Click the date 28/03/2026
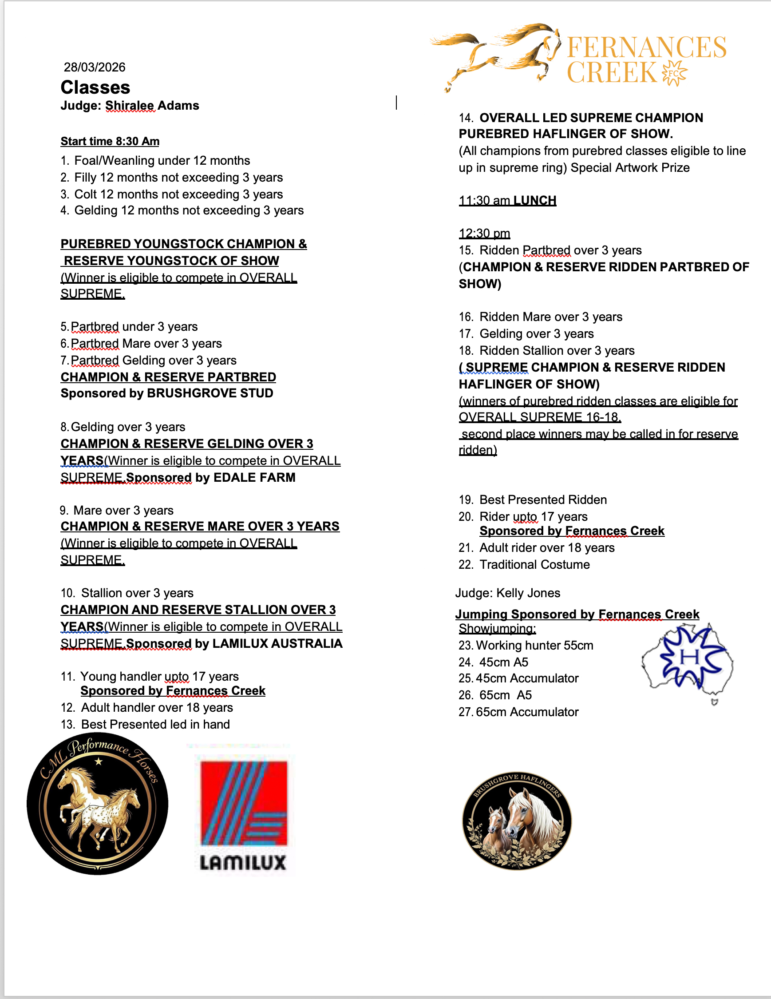[94, 67]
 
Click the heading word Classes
[95, 87]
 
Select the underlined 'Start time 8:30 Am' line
[110, 141]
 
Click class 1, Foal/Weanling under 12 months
[155, 161]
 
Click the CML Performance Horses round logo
[97, 804]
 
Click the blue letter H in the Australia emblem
[690, 657]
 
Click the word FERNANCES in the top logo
[646, 48]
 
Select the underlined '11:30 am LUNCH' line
[507, 201]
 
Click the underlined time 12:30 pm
[484, 234]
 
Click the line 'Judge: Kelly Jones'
[507, 593]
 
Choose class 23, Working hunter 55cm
[526, 646]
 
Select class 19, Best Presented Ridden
[533, 499]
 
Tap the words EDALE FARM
[254, 478]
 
